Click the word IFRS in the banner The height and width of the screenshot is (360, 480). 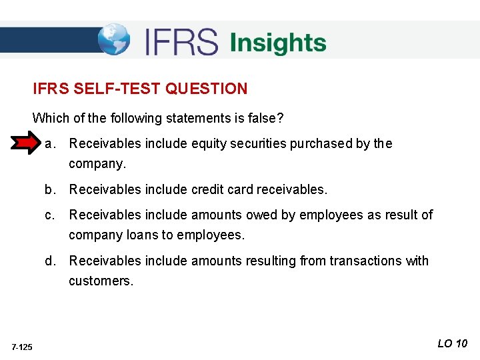181,43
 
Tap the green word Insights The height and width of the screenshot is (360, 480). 278,43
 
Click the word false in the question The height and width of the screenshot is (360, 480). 264,119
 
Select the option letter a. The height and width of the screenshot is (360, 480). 49,143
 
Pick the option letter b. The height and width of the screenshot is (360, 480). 49,189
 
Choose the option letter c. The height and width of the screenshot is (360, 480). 49,215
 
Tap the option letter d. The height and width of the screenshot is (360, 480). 49,261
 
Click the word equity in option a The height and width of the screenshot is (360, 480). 209,143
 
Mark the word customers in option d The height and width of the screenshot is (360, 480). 100,281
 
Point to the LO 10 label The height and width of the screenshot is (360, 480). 452,344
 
